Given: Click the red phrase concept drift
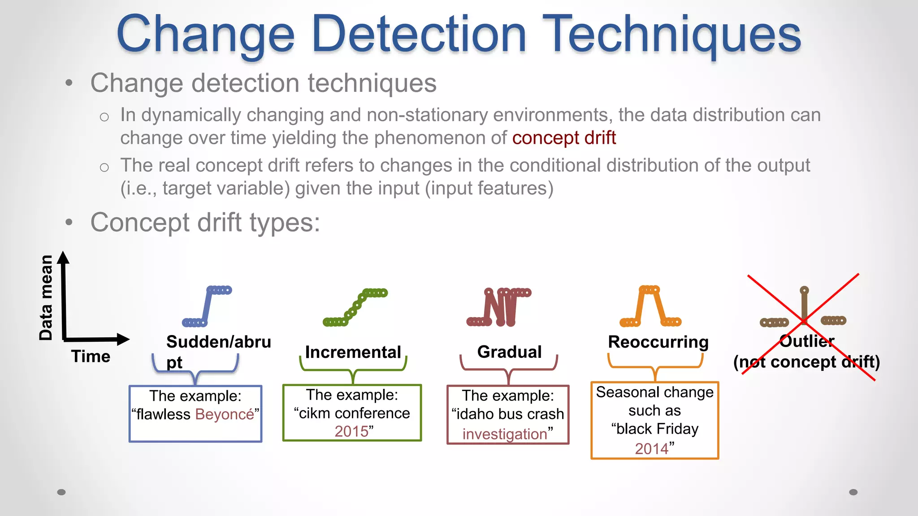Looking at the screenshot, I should tap(564, 138).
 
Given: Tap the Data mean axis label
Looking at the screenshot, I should tap(46, 297).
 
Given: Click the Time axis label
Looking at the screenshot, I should tap(91, 357).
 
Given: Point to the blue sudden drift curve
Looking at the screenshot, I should tap(207, 306).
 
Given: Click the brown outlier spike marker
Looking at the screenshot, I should tap(804, 305).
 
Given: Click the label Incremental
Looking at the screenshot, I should tap(353, 352).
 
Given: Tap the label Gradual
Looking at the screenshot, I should tap(509, 352).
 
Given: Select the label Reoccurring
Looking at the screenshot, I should tap(658, 342).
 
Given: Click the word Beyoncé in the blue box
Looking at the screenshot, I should tap(224, 414).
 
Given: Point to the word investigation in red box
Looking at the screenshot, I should tap(505, 434).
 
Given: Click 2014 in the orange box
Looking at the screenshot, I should tap(651, 448).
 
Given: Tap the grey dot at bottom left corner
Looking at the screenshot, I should tap(61, 492).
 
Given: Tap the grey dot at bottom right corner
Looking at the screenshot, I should tap(853, 492).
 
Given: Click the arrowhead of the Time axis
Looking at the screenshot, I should tap(123, 339).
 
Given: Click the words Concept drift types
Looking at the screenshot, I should tap(205, 223).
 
